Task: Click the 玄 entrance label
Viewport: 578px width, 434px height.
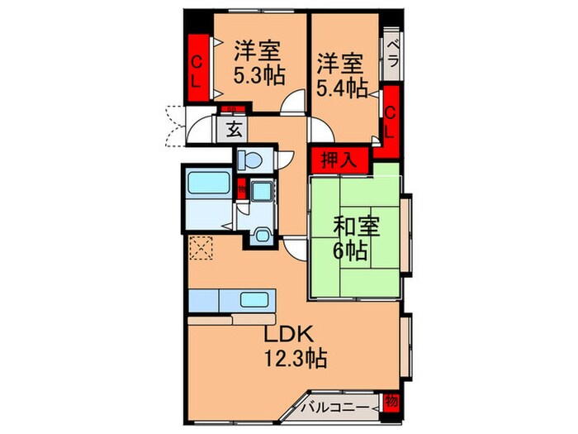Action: (x=234, y=129)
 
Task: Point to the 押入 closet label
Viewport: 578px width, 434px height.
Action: (x=334, y=160)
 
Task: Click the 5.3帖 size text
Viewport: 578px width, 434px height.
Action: (x=258, y=76)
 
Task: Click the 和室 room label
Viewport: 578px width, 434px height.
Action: (x=357, y=226)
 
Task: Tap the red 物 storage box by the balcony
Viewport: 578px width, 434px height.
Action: (x=391, y=405)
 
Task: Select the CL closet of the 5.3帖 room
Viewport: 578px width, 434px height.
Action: (x=197, y=69)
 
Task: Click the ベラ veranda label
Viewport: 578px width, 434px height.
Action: (x=392, y=55)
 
